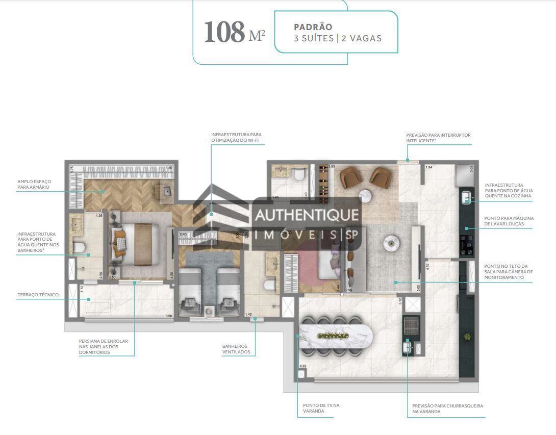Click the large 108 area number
click(x=224, y=32)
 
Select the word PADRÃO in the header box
click(x=313, y=27)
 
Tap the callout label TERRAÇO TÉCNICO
click(x=38, y=295)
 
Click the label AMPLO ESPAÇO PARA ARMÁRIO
click(x=34, y=184)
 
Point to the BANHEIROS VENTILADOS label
click(x=236, y=349)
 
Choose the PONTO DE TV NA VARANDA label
click(x=321, y=408)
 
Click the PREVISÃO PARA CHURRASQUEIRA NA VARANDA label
click(x=447, y=408)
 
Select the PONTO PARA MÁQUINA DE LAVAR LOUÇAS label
click(x=509, y=221)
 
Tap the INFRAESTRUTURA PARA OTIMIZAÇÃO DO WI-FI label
click(x=237, y=138)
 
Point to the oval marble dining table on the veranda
click(x=335, y=336)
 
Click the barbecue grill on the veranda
click(x=411, y=325)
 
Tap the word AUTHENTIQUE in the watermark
click(x=307, y=215)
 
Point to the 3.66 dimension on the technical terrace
click(x=168, y=317)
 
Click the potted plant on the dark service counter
click(x=466, y=337)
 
